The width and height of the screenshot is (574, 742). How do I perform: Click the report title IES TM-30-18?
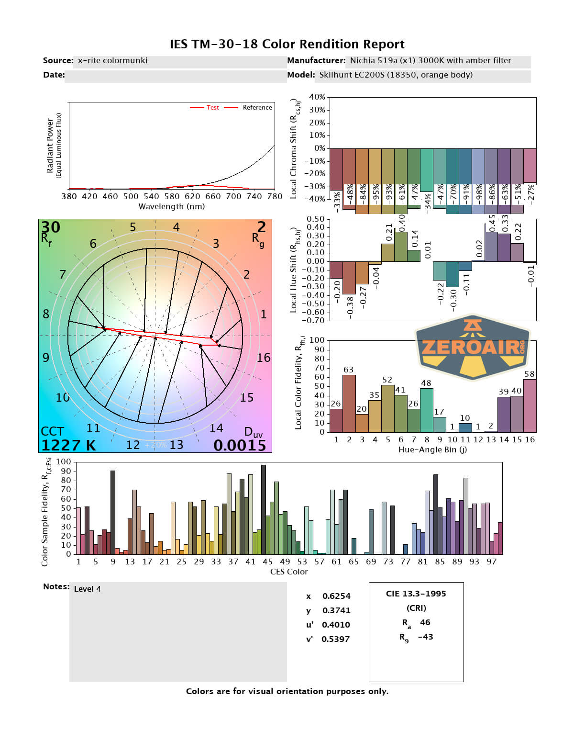click(x=287, y=45)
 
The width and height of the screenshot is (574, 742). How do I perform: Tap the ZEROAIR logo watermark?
click(x=473, y=347)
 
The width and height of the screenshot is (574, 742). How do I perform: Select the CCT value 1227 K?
click(x=68, y=445)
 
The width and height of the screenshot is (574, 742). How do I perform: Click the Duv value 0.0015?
click(x=240, y=445)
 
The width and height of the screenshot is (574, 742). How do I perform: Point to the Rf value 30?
click(x=51, y=227)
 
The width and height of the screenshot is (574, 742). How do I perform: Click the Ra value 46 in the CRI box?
click(x=425, y=622)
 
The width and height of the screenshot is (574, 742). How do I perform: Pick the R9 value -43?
click(x=425, y=637)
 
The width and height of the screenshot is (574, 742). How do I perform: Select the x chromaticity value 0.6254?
click(x=336, y=596)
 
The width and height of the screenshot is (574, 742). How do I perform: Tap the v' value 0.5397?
click(x=336, y=639)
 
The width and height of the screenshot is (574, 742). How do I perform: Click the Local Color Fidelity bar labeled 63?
click(x=349, y=404)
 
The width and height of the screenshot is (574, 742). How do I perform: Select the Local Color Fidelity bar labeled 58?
click(x=530, y=406)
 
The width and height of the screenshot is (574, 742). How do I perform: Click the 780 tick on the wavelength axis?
click(x=275, y=196)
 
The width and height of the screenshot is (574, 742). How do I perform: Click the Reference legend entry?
click(x=257, y=108)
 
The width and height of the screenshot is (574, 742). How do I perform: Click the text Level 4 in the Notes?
click(x=88, y=589)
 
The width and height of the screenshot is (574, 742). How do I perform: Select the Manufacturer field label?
click(x=316, y=61)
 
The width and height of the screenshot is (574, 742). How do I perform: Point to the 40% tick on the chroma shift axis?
click(x=317, y=97)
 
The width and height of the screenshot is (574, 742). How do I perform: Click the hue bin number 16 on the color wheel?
click(x=264, y=358)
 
